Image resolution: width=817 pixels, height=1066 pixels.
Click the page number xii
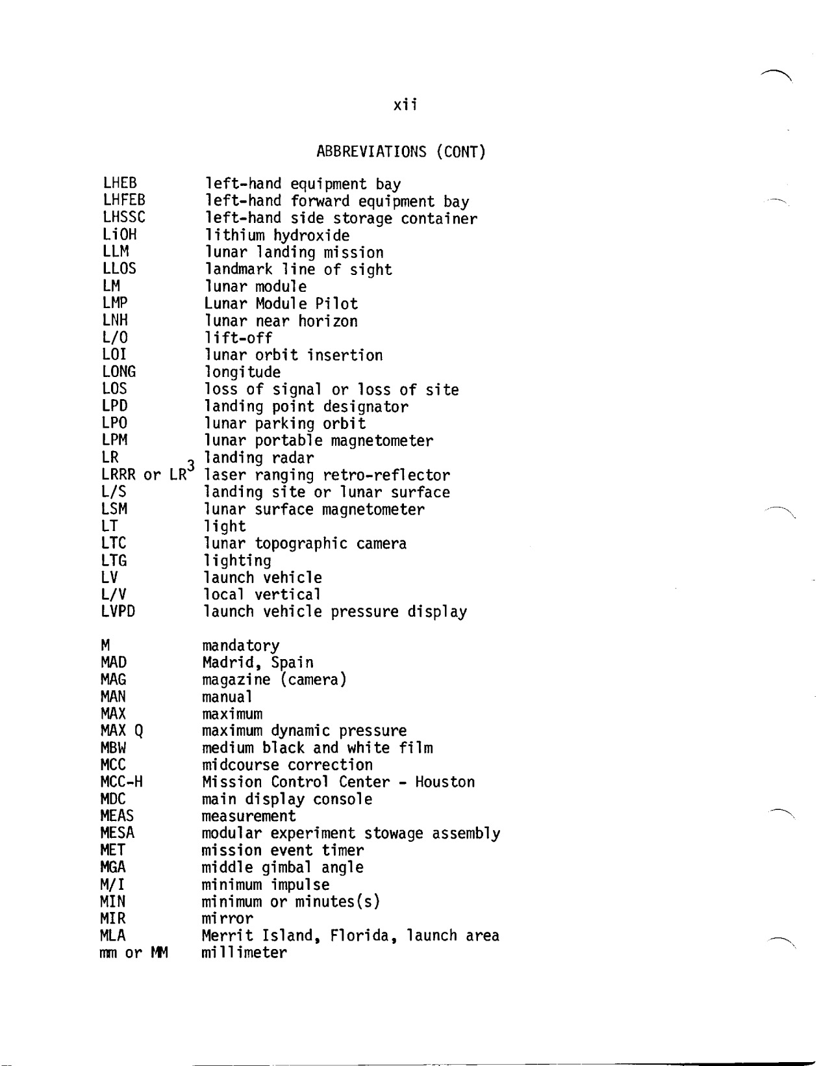(405, 105)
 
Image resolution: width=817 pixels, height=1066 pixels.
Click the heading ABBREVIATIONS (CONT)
(401, 153)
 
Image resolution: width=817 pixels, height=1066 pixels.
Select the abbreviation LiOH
(120, 235)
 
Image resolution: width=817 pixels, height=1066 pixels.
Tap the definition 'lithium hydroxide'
(277, 236)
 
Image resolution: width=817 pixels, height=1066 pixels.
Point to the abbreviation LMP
(115, 303)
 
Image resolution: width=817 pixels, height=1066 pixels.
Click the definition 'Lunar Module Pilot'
(281, 304)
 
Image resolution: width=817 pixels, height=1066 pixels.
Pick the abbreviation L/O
(115, 337)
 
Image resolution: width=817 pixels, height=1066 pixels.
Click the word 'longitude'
(242, 372)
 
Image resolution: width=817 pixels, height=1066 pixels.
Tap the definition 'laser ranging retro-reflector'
(327, 476)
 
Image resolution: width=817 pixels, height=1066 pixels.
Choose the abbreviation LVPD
(118, 612)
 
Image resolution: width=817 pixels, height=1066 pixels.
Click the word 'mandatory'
(240, 646)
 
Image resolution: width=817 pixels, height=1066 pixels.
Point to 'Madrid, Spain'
(258, 663)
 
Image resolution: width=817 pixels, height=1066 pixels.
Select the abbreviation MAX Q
(121, 731)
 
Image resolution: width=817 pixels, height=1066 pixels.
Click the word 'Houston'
(445, 782)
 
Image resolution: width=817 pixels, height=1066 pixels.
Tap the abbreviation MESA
(118, 833)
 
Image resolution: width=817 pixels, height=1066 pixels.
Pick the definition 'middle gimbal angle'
(283, 868)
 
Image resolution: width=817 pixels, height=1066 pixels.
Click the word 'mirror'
(227, 919)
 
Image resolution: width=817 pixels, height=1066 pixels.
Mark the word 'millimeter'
(244, 953)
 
